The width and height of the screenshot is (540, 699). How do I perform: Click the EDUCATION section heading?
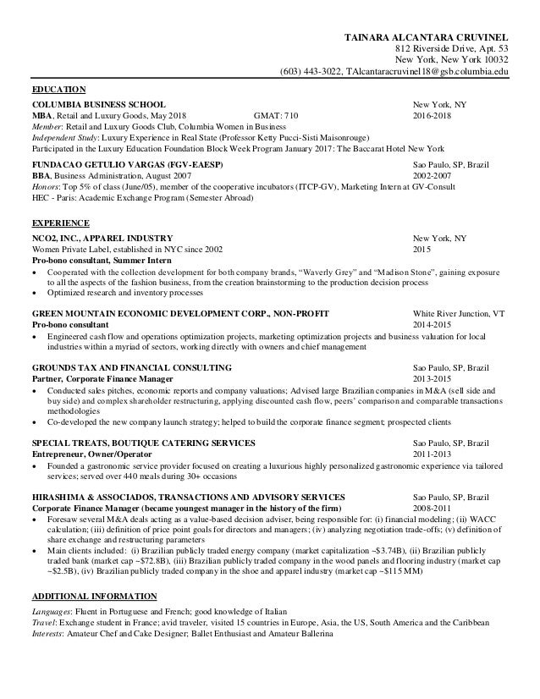pos(58,88)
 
